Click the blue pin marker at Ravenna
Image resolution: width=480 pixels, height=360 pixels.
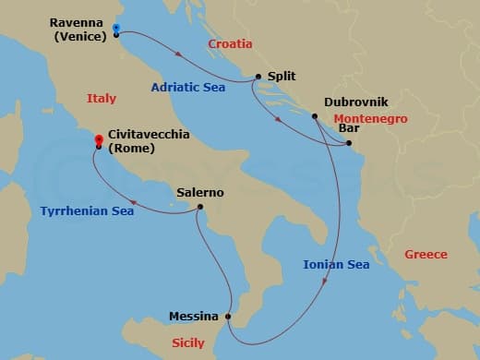[x=115, y=29]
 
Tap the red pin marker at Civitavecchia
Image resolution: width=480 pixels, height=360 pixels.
[x=98, y=140]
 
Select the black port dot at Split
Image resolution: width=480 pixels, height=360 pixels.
[x=258, y=78]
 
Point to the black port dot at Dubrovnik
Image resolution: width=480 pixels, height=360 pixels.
[x=315, y=116]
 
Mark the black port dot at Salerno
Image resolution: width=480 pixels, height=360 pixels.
[x=200, y=208]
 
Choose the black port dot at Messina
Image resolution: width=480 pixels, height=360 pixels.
[x=228, y=317]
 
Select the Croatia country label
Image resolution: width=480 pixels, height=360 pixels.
[x=230, y=43]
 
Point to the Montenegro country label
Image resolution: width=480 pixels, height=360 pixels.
[x=371, y=119]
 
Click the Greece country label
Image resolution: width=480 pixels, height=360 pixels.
[x=426, y=255]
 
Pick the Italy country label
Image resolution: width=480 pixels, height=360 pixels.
[x=102, y=98]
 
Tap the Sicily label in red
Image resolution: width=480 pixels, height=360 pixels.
[x=188, y=342]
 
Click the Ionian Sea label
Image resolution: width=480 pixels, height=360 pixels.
[x=336, y=265]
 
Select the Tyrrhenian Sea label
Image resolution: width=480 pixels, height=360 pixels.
[x=87, y=211]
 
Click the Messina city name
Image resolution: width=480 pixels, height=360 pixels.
[x=194, y=317]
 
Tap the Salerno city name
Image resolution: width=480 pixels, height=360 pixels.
[x=200, y=193]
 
